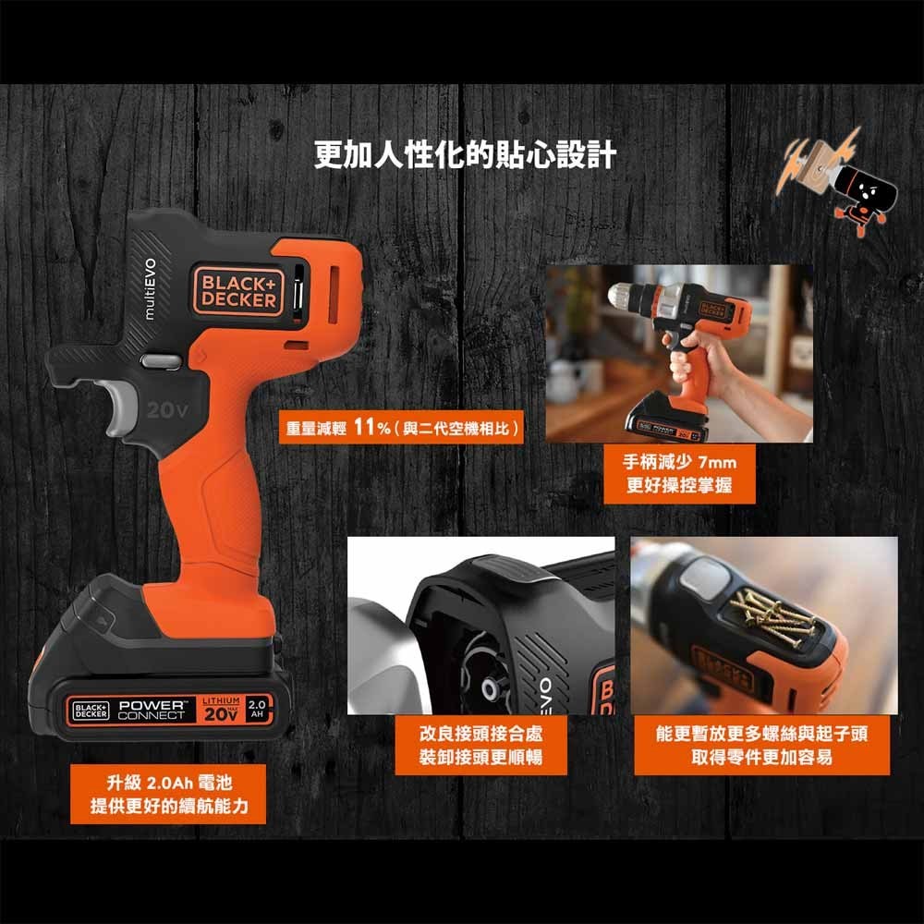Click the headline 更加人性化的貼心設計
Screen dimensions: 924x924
[x=465, y=155]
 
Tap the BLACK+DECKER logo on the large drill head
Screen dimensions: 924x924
[x=238, y=291]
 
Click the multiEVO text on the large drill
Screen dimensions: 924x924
[x=151, y=288]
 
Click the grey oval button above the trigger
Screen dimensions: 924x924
[x=160, y=361]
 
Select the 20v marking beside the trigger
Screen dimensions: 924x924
[x=166, y=410]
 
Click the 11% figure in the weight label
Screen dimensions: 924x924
[x=372, y=427]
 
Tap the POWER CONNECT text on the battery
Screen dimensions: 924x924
[x=152, y=710]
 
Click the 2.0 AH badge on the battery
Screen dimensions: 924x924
[x=257, y=709]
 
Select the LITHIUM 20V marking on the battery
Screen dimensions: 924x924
[x=221, y=710]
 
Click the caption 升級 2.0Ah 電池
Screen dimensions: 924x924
[x=170, y=783]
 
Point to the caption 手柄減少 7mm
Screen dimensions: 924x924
[x=679, y=462]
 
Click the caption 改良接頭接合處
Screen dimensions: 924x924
[x=480, y=734]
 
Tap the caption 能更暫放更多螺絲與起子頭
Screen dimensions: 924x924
[x=762, y=734]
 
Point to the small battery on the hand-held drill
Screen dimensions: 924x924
[x=666, y=422]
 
